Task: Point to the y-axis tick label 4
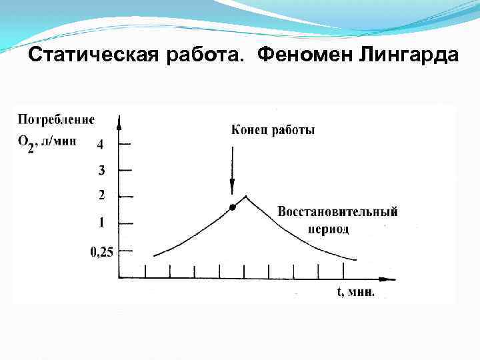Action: coord(100,144)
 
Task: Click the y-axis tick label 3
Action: coord(101,170)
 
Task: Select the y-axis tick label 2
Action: coord(101,195)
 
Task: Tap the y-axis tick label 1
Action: coord(101,222)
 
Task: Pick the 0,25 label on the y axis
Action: coord(101,251)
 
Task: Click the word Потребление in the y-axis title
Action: coord(56,120)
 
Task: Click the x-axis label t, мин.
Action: coord(355,292)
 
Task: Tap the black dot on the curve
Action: coord(232,207)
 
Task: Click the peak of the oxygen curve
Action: coord(247,196)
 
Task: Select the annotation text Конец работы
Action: coord(273,130)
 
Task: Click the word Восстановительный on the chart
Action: coord(337,212)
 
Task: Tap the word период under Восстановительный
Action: coord(329,229)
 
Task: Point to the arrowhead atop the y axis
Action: coord(119,121)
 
